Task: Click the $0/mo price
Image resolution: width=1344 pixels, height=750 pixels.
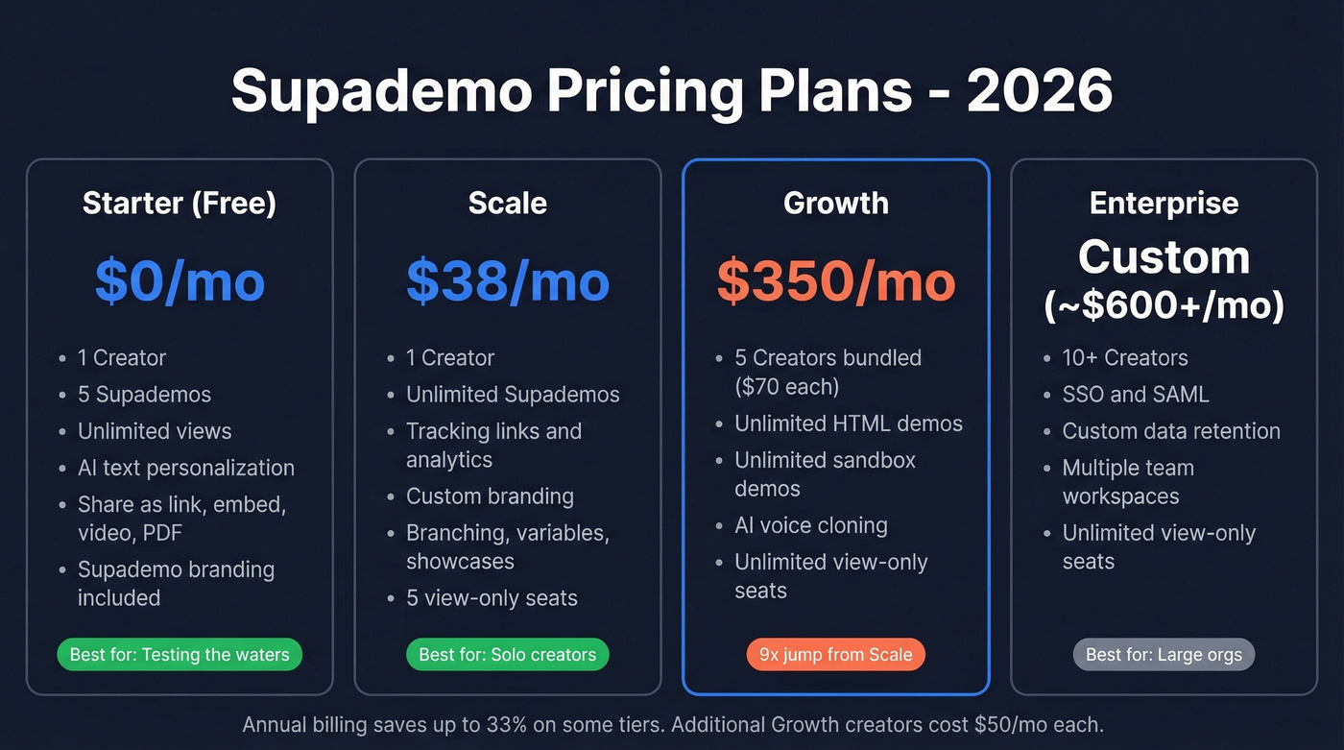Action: click(180, 280)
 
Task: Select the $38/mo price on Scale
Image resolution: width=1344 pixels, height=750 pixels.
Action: click(507, 280)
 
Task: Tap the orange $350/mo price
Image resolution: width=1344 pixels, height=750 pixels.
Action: click(836, 280)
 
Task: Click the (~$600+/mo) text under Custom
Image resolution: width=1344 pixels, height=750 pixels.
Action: click(1164, 305)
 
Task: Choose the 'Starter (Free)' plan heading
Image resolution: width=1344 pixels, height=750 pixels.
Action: click(180, 203)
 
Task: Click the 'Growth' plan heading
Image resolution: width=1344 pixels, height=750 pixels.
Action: click(836, 203)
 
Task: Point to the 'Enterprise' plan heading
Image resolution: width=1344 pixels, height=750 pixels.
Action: click(1164, 203)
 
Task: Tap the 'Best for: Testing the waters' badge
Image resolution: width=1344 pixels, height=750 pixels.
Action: click(180, 655)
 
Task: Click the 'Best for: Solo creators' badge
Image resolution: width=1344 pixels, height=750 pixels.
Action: click(507, 655)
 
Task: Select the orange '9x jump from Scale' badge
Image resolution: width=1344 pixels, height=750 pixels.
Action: click(835, 655)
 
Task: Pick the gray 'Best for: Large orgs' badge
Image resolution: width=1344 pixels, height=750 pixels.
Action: click(1164, 655)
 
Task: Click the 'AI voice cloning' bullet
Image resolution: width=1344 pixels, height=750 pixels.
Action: click(810, 525)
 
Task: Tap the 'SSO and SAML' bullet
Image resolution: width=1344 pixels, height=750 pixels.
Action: click(1135, 394)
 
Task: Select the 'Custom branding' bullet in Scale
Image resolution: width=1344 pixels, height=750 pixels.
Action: click(490, 496)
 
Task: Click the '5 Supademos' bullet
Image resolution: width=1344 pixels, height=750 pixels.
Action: click(144, 394)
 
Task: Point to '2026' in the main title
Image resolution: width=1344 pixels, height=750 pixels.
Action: click(1039, 90)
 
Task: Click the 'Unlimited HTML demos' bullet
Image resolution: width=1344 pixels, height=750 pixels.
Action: click(848, 423)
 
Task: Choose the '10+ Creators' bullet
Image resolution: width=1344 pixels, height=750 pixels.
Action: click(1124, 357)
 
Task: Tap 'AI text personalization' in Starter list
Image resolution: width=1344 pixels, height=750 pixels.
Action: click(186, 468)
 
